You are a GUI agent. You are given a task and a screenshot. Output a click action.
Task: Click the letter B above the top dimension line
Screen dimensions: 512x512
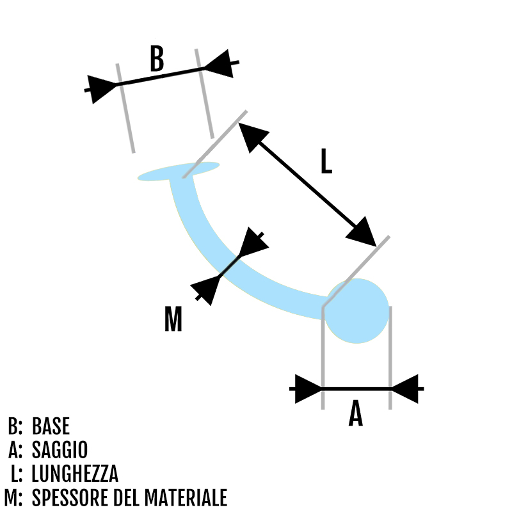point(157,58)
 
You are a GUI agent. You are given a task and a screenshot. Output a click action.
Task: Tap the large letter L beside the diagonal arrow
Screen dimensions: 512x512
point(326,161)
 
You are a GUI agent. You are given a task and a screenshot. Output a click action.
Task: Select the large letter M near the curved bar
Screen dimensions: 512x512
point(173,319)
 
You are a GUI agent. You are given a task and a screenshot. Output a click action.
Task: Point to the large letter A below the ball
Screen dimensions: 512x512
point(356,414)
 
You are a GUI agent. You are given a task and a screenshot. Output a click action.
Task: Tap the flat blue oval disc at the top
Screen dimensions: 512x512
point(179,172)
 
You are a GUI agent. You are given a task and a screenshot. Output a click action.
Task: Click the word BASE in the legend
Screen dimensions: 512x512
point(51,426)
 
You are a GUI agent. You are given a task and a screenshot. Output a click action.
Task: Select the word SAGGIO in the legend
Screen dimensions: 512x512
point(60,450)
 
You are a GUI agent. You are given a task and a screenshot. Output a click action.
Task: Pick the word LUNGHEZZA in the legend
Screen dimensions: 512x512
point(75,474)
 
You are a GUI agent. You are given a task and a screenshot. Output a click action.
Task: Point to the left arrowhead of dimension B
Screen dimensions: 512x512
point(102,88)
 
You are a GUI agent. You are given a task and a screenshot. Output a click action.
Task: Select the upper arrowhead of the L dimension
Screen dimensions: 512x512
point(252,136)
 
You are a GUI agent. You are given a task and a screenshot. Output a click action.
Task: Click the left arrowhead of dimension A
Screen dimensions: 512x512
point(308,388)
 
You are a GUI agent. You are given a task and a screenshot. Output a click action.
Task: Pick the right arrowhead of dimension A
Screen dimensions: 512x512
point(404,388)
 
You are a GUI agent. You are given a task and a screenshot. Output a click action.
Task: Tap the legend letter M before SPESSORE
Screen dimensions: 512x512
point(13,498)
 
